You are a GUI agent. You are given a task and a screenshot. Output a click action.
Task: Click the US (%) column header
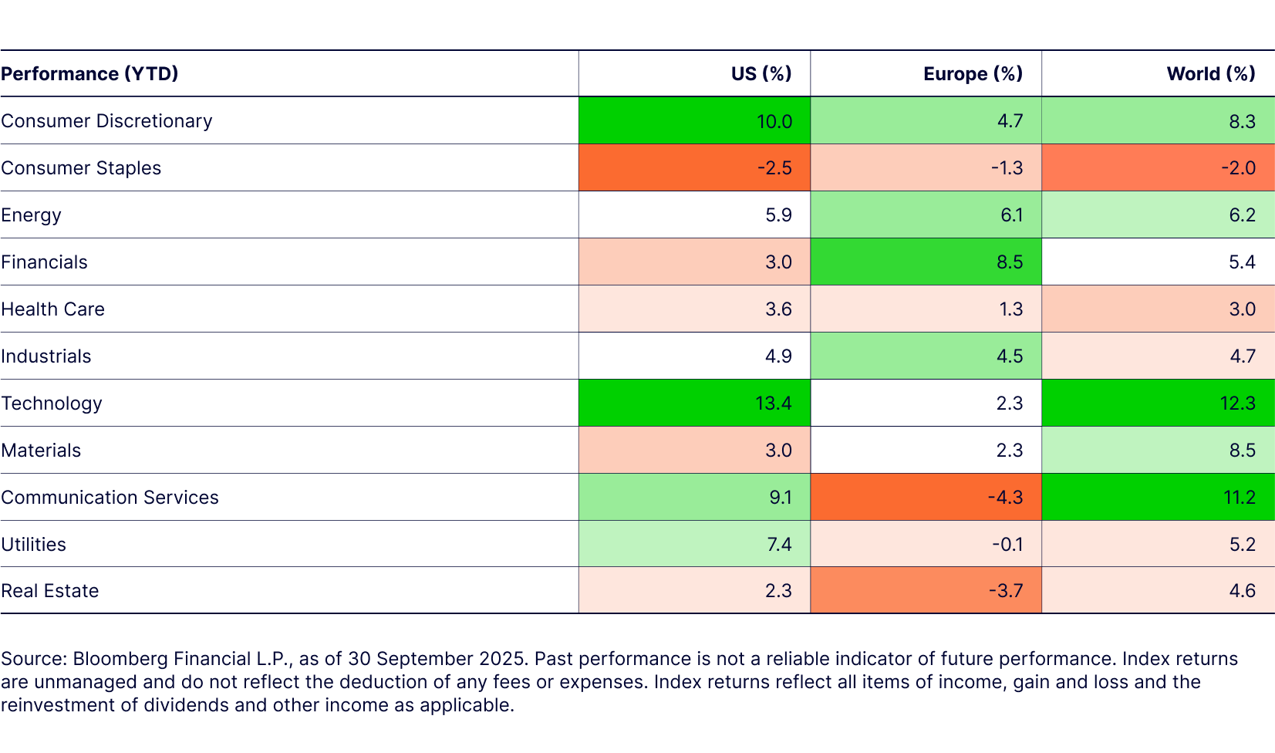click(x=761, y=73)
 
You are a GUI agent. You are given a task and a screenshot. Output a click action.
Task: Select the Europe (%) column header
click(x=973, y=73)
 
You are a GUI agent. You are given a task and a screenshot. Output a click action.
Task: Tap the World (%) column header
click(x=1210, y=73)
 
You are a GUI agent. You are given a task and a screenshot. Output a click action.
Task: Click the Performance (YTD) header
click(x=89, y=73)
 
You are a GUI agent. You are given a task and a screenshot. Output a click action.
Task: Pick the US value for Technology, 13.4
click(x=773, y=403)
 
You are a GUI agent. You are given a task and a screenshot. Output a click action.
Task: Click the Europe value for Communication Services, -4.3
click(x=1005, y=497)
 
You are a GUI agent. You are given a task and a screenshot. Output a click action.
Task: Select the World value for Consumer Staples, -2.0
click(x=1238, y=167)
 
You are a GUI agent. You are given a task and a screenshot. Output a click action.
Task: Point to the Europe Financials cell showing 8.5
click(x=1009, y=262)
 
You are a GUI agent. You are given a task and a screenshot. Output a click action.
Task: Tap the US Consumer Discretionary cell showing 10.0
click(x=774, y=121)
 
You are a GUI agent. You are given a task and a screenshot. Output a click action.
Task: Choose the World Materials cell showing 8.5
click(x=1242, y=450)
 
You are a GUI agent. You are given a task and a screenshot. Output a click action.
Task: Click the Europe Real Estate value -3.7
click(x=1006, y=591)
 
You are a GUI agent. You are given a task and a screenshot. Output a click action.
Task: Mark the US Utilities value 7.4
click(x=779, y=544)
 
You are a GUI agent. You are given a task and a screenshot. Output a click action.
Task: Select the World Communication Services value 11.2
click(x=1240, y=497)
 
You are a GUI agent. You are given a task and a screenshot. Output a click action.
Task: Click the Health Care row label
click(x=52, y=309)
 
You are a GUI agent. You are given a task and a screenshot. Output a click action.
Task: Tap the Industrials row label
click(x=46, y=356)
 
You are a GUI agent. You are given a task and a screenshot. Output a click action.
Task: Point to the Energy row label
click(x=31, y=215)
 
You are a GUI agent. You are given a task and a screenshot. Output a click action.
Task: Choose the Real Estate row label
click(x=50, y=591)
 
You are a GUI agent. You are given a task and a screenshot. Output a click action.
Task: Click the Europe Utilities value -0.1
click(x=1007, y=544)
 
